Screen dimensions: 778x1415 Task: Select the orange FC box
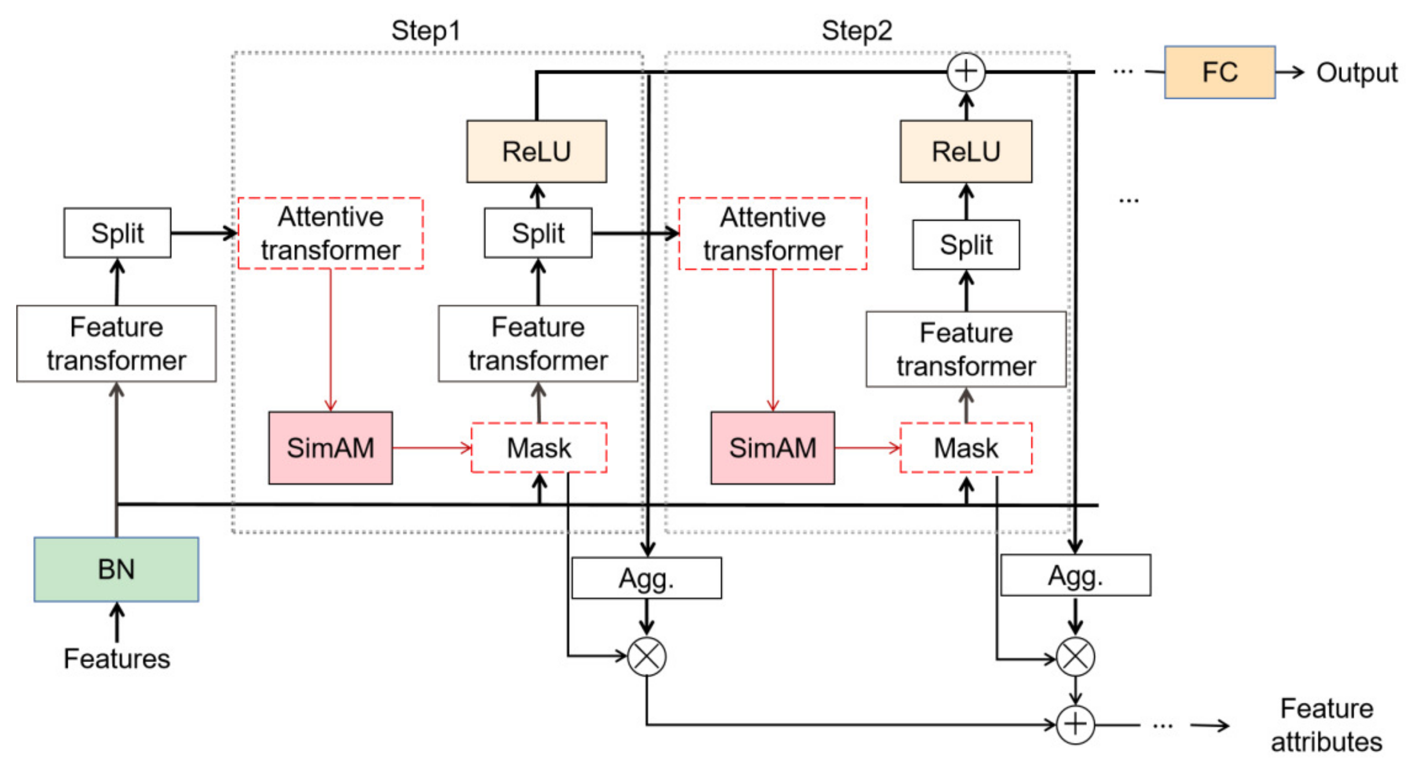pos(1220,72)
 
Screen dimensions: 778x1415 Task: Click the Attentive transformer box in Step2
pos(772,234)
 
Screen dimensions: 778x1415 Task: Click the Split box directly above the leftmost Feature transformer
pos(117,232)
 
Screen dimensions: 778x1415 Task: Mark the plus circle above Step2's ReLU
pos(966,72)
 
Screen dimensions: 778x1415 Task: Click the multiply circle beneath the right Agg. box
pos(1075,657)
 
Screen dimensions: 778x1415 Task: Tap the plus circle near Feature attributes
pos(1075,725)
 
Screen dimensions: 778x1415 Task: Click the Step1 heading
pos(426,31)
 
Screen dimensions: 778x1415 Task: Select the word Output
pos(1356,73)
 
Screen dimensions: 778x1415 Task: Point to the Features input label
pos(117,658)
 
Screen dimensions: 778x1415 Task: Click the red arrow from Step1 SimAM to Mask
pos(432,448)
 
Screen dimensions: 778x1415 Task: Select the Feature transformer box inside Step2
pos(966,349)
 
